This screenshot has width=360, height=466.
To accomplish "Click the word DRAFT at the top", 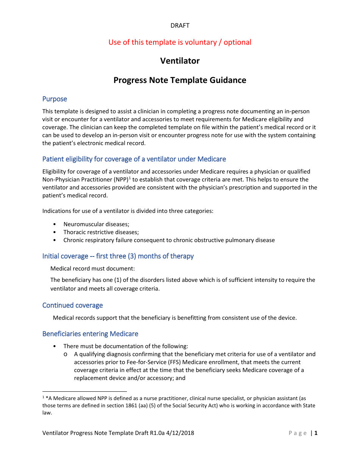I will [x=180, y=25].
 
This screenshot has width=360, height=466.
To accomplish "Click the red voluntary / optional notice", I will [x=180, y=42].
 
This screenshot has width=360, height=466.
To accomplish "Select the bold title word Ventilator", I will [x=180, y=61].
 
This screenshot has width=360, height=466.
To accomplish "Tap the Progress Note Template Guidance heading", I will [x=180, y=80].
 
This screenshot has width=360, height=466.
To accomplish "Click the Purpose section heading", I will [x=55, y=99].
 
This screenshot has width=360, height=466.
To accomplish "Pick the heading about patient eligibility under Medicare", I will [x=134, y=159].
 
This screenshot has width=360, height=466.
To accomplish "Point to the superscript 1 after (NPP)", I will [x=130, y=178].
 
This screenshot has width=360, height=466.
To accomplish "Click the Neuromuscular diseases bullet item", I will [x=96, y=224].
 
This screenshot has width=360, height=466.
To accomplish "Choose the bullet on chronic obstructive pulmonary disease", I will [x=169, y=240].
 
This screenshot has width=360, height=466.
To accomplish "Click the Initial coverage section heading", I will [x=118, y=256].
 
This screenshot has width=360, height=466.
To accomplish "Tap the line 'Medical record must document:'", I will [x=92, y=269].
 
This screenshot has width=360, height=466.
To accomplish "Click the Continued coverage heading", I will [x=72, y=305].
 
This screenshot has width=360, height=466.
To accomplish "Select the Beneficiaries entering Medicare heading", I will [x=90, y=334].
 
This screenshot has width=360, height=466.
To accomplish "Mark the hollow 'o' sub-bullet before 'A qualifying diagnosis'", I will [x=66, y=354].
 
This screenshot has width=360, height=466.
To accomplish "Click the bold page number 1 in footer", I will [x=316, y=433].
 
